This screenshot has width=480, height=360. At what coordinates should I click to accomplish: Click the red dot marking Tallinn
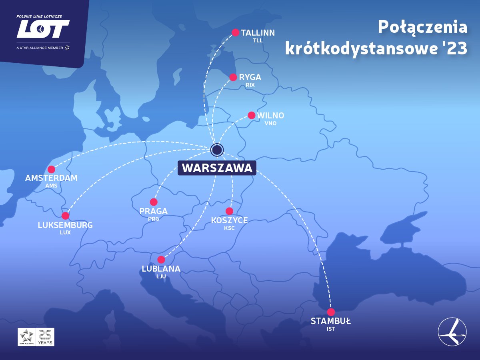coord(236,32)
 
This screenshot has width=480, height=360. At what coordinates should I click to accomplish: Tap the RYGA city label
coord(250,77)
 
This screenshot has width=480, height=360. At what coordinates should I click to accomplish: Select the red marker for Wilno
coord(252,115)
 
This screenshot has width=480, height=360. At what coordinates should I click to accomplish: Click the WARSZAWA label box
coord(217,168)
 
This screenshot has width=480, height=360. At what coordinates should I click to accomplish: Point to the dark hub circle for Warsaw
coord(217,150)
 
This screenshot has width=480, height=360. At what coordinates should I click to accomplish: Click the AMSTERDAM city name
coord(51,178)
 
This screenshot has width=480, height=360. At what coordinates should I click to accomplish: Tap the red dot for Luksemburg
coord(65,216)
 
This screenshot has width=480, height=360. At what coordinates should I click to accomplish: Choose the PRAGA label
coord(154,211)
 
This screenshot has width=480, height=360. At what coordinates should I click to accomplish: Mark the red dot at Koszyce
coord(229,211)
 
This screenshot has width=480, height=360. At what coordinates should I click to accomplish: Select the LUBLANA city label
coord(161,269)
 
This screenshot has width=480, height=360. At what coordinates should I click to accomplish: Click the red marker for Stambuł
coord(331,312)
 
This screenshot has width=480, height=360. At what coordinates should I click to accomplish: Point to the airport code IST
coord(330,329)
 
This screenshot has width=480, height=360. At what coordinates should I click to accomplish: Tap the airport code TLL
coord(258,40)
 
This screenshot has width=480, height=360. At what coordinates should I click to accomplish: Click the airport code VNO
coord(270,123)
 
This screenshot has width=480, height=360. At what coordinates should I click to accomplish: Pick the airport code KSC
coord(229,228)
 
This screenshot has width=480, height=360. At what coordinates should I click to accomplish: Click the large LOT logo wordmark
coord(43,29)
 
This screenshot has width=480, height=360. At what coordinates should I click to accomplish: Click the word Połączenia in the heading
coord(422,27)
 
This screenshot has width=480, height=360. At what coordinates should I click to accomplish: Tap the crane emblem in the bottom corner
coord(452,332)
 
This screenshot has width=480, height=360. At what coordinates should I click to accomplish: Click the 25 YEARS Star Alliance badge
coord(36,337)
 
